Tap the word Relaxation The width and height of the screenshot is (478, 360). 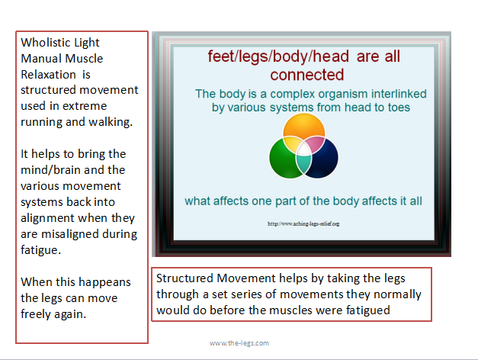tap(48, 75)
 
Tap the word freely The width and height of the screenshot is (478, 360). tap(36, 314)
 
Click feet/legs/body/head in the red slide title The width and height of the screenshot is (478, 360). tap(278, 56)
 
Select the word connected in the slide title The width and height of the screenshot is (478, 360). tap(307, 75)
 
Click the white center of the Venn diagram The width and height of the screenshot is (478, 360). tap(303, 149)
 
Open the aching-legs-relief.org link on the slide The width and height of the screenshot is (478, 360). tap(303, 223)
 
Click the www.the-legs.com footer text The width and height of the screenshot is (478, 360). tap(239, 343)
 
